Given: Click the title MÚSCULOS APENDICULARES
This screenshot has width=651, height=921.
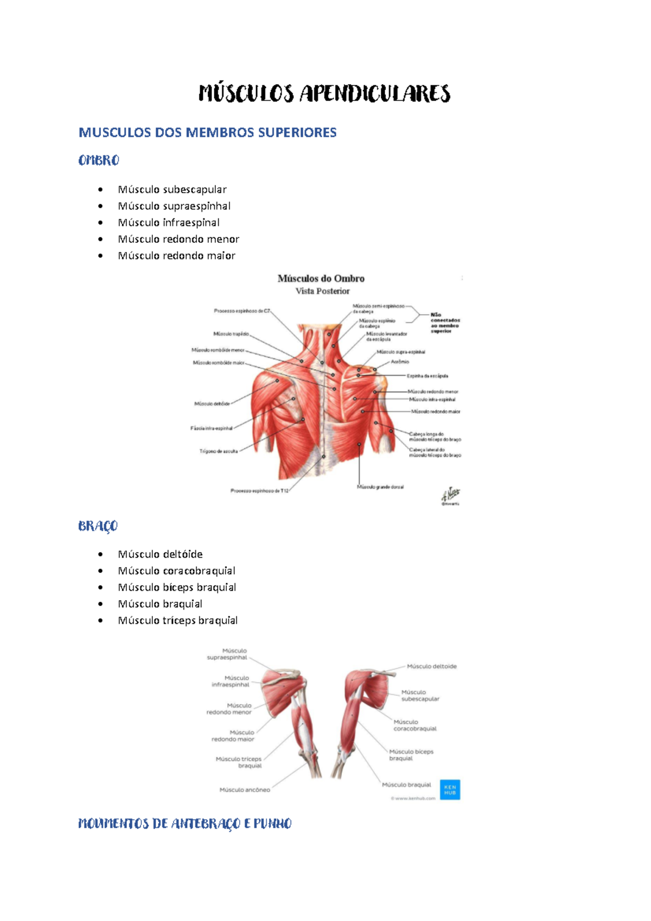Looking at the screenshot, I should [x=324, y=93].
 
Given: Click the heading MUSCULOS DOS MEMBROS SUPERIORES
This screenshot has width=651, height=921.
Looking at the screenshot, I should [x=207, y=133].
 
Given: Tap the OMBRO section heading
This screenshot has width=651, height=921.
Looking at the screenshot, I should [x=98, y=160].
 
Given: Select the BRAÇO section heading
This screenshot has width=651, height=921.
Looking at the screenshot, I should [x=98, y=526].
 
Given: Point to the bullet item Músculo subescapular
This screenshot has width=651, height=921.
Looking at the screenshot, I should [x=172, y=190].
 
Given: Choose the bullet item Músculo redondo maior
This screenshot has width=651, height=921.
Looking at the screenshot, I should [x=176, y=256].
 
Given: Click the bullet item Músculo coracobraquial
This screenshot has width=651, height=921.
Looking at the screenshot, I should [x=176, y=571].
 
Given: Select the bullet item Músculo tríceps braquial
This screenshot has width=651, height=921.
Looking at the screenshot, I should [x=177, y=620].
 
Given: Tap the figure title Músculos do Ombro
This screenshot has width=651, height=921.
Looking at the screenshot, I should [x=321, y=279].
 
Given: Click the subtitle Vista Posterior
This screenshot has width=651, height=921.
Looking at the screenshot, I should [x=322, y=291].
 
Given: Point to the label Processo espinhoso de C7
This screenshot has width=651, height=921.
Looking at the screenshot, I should [x=241, y=311].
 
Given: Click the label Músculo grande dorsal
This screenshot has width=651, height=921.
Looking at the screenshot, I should [x=380, y=487].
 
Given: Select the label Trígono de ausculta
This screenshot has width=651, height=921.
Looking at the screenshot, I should [x=218, y=451].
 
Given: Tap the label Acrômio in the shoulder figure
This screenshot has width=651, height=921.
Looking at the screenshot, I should [x=400, y=362].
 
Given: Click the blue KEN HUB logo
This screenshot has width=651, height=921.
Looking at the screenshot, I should [x=450, y=790].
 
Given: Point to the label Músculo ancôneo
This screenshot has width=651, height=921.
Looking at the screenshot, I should [x=244, y=790].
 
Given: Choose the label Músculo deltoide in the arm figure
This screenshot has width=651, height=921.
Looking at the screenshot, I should [x=431, y=666].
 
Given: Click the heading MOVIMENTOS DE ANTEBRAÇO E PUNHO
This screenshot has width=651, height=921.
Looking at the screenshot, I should [x=185, y=824].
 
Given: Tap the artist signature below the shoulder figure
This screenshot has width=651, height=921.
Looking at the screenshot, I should [x=450, y=495].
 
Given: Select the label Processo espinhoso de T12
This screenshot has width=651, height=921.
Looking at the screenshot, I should [x=259, y=491].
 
